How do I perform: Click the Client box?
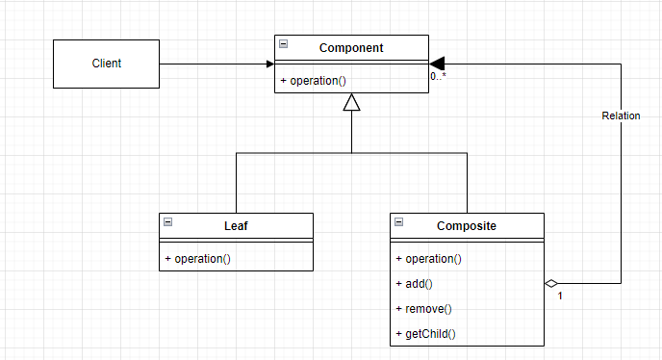[x=105, y=64]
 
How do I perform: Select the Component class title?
[x=351, y=47]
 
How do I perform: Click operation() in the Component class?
[x=314, y=80]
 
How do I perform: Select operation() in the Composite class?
[x=429, y=258]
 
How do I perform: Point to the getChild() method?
[x=425, y=333]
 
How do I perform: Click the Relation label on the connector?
[x=621, y=116]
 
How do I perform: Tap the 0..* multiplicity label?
[x=438, y=75]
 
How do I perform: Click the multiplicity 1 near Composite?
[x=559, y=296]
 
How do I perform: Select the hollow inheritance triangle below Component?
[x=351, y=102]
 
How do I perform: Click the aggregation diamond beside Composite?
[x=551, y=283]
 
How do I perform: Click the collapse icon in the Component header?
[x=283, y=45]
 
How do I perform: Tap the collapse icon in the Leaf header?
[x=167, y=222]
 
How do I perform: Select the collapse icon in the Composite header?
[x=398, y=222]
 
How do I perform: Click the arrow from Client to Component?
[x=216, y=64]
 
